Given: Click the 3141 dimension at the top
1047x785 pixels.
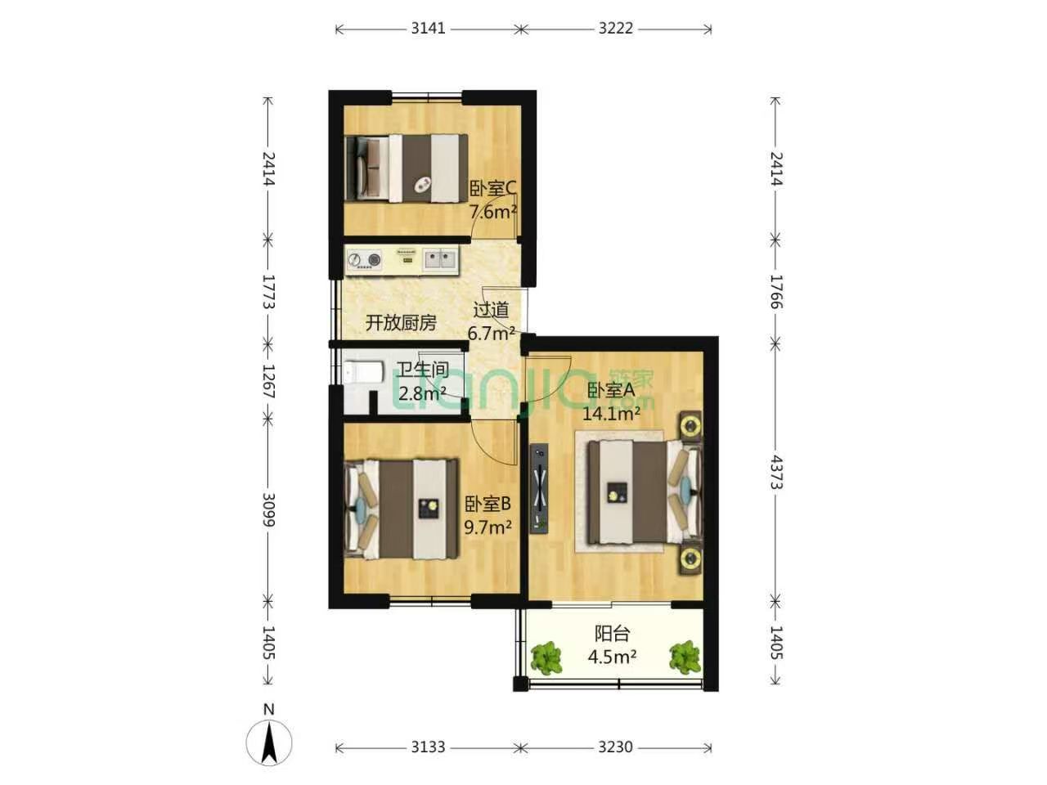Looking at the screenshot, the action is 428,29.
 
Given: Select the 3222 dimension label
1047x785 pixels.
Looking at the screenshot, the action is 616,29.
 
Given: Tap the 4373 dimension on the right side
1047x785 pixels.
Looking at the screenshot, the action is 776,472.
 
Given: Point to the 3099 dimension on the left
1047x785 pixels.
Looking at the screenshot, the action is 268,509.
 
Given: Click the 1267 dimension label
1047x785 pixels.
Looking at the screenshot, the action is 268,381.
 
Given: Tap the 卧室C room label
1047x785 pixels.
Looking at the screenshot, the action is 492,189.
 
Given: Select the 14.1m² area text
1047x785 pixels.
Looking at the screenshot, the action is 611,414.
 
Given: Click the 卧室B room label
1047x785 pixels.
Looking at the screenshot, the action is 488,504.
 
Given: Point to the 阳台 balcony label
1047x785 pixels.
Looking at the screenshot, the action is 612,634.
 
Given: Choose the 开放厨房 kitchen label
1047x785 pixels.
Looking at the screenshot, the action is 401,323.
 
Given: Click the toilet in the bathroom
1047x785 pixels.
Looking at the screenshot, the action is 363,373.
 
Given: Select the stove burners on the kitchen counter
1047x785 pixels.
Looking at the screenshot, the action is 365,260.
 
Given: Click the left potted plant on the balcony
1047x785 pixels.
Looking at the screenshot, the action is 546,659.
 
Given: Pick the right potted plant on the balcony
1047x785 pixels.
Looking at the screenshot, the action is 685,657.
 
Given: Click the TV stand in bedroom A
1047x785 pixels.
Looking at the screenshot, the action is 540,488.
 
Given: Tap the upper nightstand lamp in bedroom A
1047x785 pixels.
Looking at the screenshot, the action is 690,425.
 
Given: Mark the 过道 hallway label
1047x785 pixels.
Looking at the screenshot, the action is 491,310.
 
